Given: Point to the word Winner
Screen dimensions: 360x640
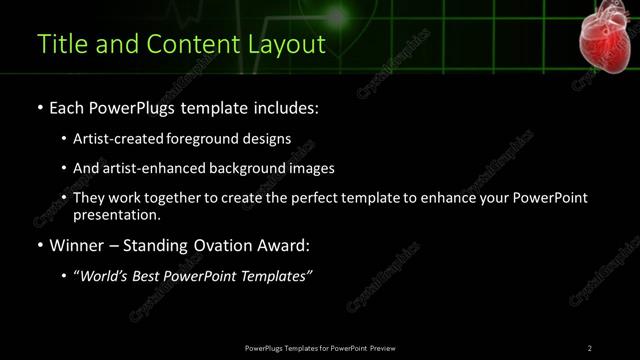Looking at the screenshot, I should [75, 245].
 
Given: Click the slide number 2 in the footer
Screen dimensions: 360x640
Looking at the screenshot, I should [589, 347].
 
